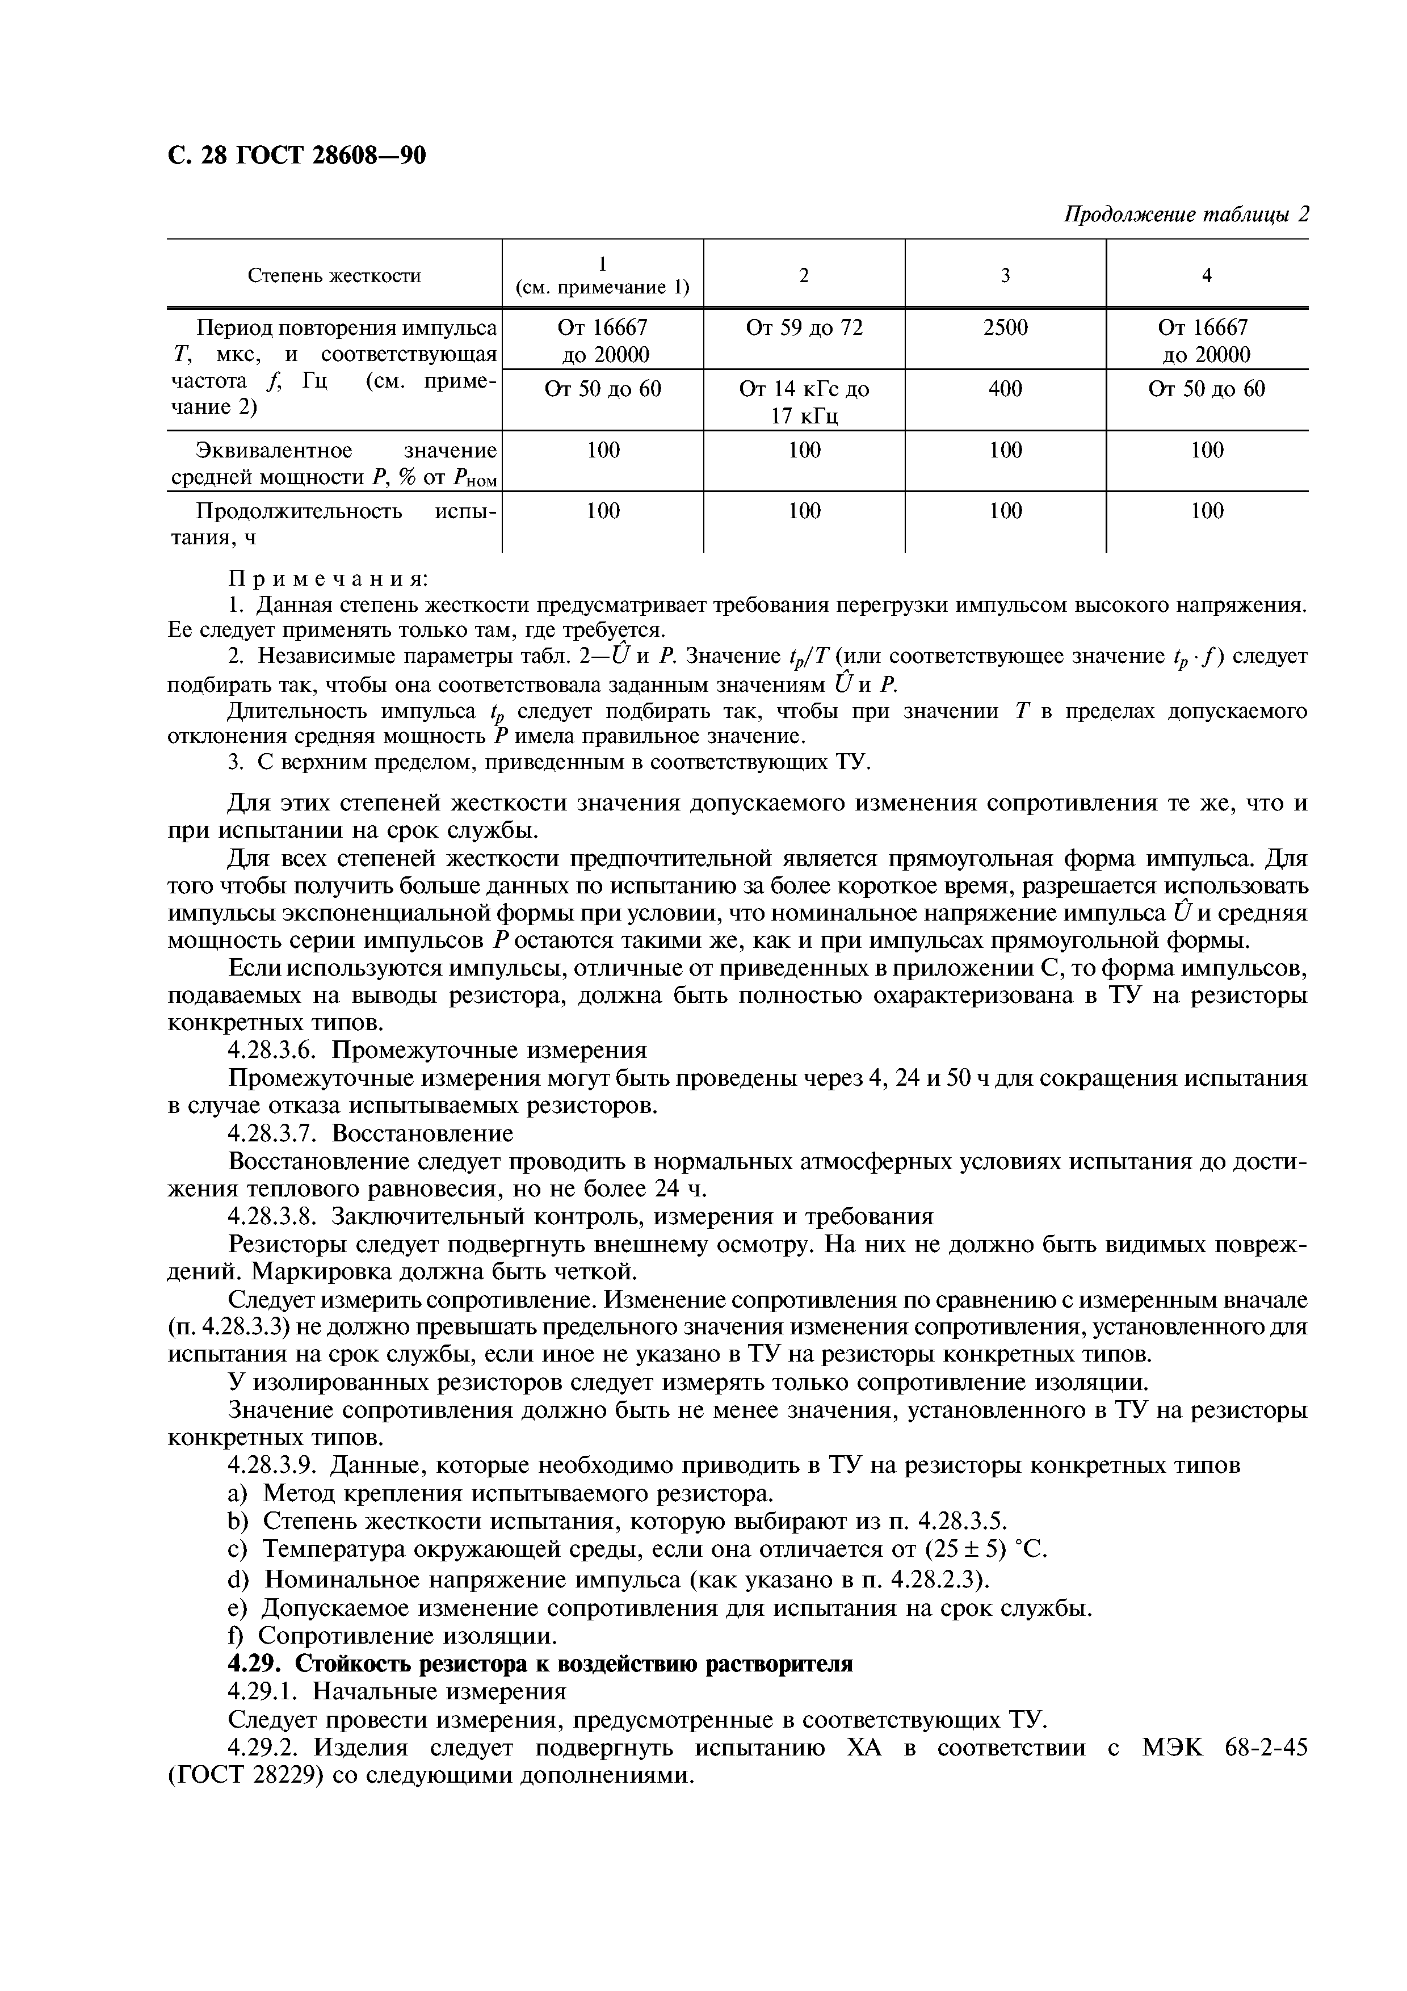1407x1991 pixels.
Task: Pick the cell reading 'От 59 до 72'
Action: click(x=804, y=328)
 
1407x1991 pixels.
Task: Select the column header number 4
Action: click(x=1206, y=276)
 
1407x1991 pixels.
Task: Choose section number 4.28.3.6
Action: click(x=276, y=1050)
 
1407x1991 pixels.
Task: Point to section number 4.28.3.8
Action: click(x=276, y=1217)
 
